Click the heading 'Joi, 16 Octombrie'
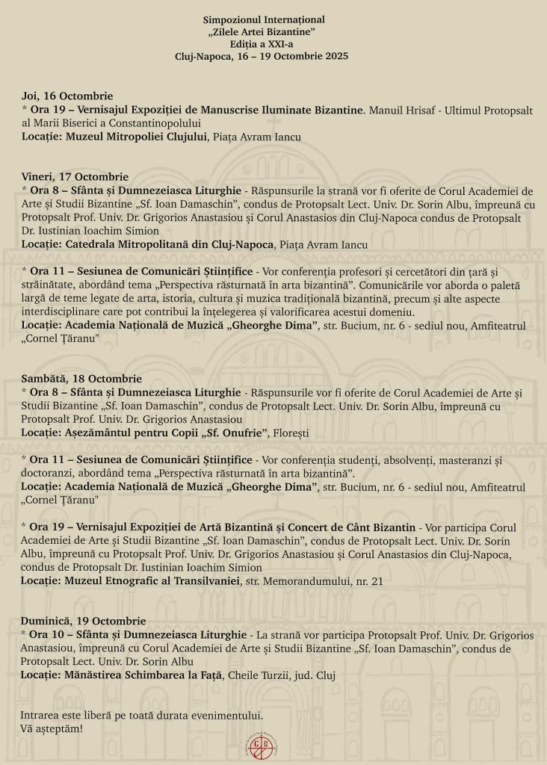point(67,96)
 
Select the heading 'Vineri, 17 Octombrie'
point(75,176)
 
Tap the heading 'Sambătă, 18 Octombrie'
point(81,379)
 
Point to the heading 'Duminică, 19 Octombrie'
point(84,621)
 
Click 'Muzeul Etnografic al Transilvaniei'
point(152,580)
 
